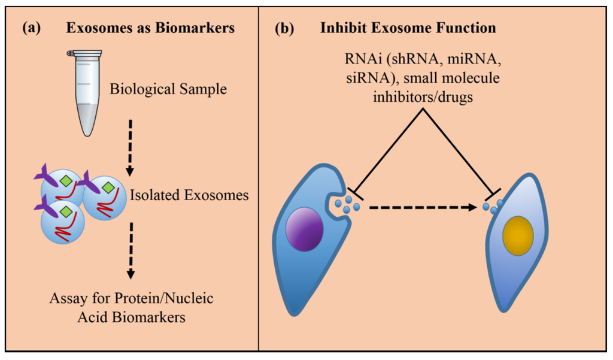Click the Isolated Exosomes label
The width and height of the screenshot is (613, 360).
pos(189,195)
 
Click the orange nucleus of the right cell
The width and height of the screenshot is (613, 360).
pos(518,235)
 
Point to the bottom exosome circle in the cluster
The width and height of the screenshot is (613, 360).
pos(62,222)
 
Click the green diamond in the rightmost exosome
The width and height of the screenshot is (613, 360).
pos(108,189)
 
